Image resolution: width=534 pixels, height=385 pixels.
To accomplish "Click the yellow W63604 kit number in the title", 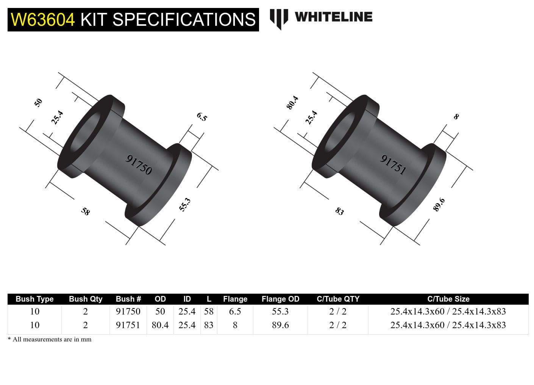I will (x=43, y=20).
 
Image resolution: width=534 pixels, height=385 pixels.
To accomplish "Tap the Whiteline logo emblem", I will (x=279, y=18).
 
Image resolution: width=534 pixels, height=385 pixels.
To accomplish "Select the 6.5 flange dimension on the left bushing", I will (x=202, y=117).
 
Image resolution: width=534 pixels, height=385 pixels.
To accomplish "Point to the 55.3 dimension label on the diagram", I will (x=185, y=205).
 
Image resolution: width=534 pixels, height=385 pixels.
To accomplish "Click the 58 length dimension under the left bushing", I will (x=86, y=211).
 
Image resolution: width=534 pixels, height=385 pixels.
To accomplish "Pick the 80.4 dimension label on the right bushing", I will (x=292, y=103).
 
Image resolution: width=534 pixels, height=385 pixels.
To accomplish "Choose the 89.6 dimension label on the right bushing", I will (x=439, y=205).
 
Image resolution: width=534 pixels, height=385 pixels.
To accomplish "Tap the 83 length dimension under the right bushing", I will (x=340, y=211).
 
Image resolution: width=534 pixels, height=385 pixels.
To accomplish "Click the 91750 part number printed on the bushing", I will (x=139, y=165).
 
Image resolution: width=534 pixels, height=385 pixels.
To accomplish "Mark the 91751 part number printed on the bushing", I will (x=393, y=165).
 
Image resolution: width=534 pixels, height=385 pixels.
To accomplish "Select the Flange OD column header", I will (x=280, y=299).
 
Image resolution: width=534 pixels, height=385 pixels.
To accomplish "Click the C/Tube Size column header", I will (x=448, y=299).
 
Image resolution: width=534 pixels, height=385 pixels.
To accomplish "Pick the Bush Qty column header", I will (x=86, y=299).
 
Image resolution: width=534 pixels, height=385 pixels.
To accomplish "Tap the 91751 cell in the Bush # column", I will (x=128, y=325).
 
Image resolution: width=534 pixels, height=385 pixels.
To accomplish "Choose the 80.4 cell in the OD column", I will (x=160, y=325).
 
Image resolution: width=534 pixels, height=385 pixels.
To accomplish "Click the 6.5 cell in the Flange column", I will (x=235, y=311).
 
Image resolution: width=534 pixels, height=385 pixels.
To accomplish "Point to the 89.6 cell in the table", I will (x=280, y=325).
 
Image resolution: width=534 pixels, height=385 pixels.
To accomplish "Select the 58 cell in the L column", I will (x=209, y=311).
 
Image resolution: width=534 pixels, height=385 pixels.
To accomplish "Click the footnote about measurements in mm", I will (x=50, y=340).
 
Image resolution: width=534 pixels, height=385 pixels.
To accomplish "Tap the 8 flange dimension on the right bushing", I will (x=456, y=117).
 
